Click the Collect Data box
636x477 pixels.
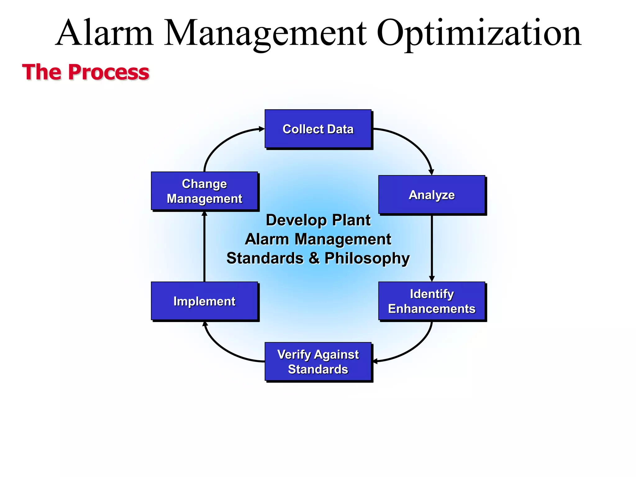click(318, 129)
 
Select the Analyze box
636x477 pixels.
click(432, 195)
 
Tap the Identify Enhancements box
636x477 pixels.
click(432, 301)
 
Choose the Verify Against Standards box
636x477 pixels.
click(318, 362)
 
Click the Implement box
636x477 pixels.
click(204, 301)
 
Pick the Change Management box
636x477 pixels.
click(204, 191)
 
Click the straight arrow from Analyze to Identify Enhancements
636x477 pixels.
click(432, 248)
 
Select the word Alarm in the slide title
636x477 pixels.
click(105, 33)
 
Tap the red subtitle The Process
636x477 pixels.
click(86, 72)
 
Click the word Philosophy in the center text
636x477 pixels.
click(367, 258)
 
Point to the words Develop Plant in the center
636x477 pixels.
click(318, 220)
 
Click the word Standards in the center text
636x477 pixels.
click(265, 258)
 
